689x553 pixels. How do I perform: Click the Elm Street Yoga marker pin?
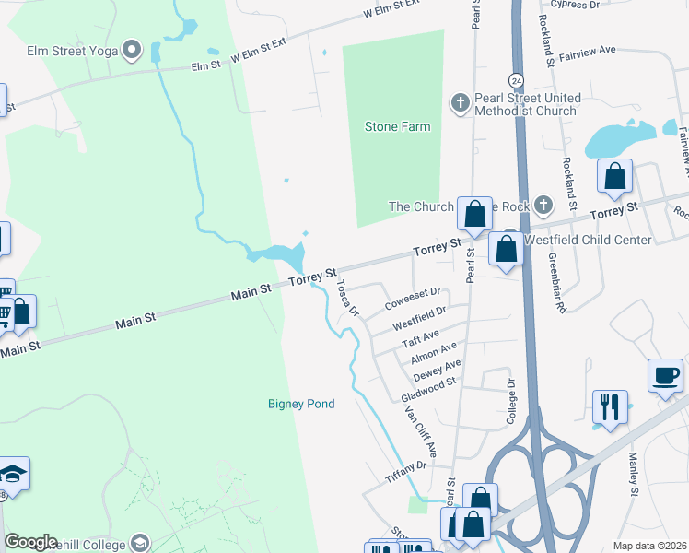point(132,50)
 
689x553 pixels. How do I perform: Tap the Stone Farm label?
point(397,126)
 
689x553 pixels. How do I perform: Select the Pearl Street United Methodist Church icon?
point(460,102)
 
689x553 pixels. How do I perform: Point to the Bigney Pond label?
point(301,404)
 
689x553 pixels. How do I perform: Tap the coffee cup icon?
point(665,376)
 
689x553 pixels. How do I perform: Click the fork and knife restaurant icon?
point(609,406)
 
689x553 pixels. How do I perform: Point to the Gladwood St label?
point(429,388)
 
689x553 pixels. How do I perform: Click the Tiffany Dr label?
point(405,473)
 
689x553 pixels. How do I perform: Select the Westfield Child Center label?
point(587,240)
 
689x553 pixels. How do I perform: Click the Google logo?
point(30,542)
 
